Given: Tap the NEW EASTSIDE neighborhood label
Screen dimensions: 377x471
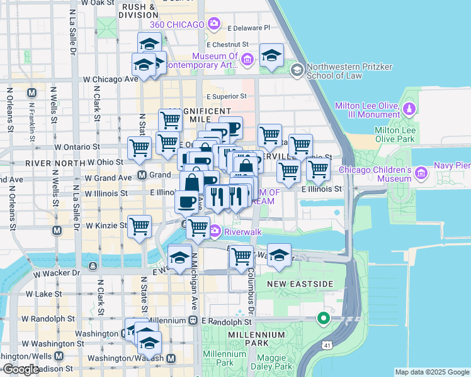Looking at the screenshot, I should click(x=299, y=284).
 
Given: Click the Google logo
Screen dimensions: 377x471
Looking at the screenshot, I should click(x=20, y=370).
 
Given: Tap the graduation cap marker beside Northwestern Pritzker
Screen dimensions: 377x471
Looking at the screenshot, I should click(x=271, y=56).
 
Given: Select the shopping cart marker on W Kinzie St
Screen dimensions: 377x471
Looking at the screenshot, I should click(x=139, y=226).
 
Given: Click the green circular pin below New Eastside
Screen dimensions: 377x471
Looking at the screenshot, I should click(x=324, y=319).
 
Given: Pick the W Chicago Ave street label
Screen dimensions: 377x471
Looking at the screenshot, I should click(x=111, y=79).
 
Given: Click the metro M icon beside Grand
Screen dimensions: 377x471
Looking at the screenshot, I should click(x=142, y=175).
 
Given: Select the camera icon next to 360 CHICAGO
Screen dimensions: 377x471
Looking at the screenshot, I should click(x=214, y=25).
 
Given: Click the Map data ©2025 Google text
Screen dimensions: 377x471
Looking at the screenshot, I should click(x=431, y=372).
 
